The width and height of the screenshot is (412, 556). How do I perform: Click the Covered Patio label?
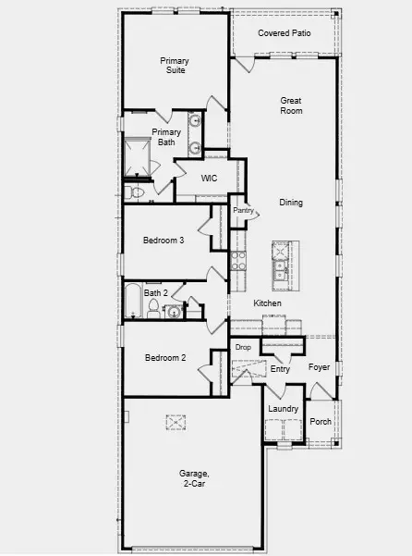pos(284,33)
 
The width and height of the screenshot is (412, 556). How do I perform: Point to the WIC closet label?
pos(209,178)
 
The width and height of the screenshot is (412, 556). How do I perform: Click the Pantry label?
pos(243,211)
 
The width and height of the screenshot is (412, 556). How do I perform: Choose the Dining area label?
pos(291,203)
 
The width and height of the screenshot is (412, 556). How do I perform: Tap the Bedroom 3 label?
pos(164,241)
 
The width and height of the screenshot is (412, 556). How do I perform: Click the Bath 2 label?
pos(155,293)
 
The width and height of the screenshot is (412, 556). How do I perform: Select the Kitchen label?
pos(267,303)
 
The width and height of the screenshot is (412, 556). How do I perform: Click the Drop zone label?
pos(243,347)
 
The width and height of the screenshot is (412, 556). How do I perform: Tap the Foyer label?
pos(319,367)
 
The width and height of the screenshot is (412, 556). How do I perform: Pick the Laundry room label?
pos(283,409)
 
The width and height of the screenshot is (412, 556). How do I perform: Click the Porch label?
pos(321,421)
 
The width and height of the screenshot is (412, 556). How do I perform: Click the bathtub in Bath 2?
pos(132,301)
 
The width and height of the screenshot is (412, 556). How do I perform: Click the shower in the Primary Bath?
pos(141,156)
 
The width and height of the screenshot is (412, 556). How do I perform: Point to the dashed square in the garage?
pos(176,423)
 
